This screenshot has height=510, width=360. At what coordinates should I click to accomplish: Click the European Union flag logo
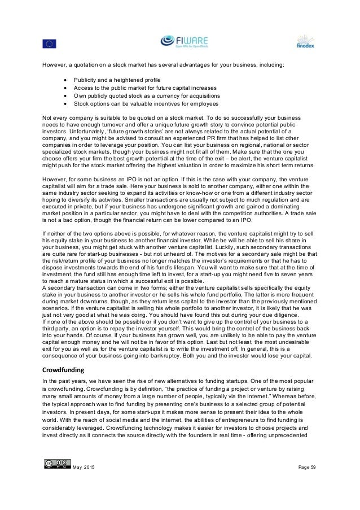[49, 43]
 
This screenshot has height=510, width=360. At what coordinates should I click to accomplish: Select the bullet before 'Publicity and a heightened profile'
[66, 79]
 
